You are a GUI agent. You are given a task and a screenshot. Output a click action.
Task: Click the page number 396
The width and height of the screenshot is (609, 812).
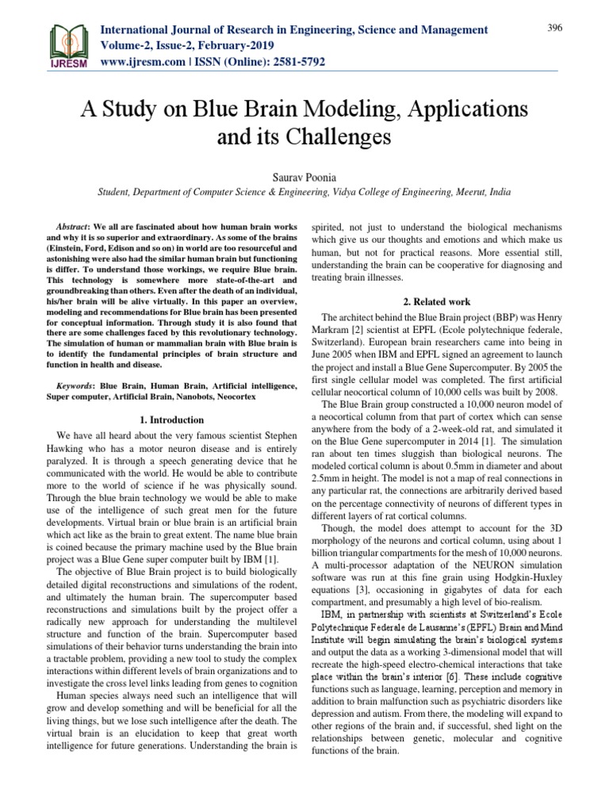point(554,29)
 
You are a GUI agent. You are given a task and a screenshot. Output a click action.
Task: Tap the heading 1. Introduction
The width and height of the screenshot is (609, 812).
point(169,419)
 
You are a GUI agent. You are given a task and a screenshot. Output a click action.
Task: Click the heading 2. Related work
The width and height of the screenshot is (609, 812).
point(439,301)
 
